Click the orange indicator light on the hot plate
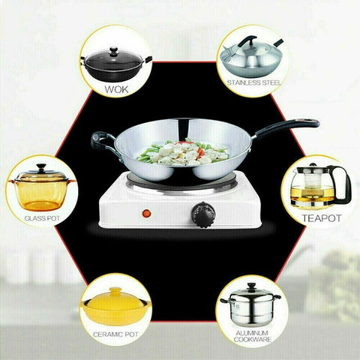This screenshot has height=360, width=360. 146,213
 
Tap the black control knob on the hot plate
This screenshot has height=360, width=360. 203,214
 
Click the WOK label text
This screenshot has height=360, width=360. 116,89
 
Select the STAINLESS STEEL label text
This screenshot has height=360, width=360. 254,82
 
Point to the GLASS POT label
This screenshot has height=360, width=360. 42,218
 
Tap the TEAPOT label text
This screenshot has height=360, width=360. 322,218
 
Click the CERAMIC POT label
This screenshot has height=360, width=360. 115,334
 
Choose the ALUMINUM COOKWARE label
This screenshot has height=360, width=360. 252,336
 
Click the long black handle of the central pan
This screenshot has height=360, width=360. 287,127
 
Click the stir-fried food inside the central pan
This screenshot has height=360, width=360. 184,152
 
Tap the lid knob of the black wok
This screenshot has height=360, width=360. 114,50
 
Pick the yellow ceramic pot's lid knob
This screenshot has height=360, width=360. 115,291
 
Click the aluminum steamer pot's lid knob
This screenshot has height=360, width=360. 251,286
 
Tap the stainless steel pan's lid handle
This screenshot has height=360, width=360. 247,41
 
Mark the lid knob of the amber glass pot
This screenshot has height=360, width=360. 41,167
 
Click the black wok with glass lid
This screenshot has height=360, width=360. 116,64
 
